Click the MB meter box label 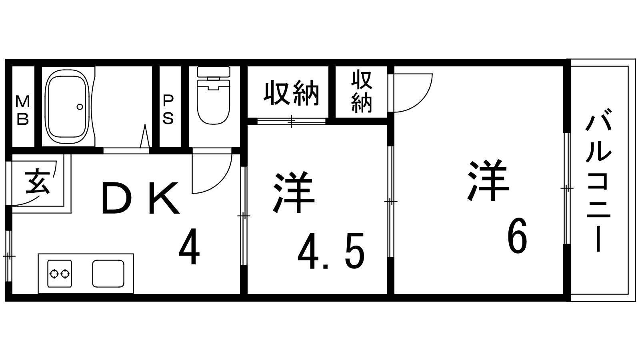pyautogui.click(x=22, y=110)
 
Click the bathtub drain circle pyautogui.click(x=80, y=107)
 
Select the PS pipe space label pyautogui.click(x=168, y=110)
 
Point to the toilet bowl pyautogui.click(x=214, y=102)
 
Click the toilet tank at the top pyautogui.click(x=214, y=72)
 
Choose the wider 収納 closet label pyautogui.click(x=291, y=93)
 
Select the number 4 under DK pyautogui.click(x=189, y=246)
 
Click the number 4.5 pyautogui.click(x=331, y=250)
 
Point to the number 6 pyautogui.click(x=517, y=236)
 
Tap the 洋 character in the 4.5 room pyautogui.click(x=294, y=192)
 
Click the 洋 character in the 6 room pyautogui.click(x=488, y=180)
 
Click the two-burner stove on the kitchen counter pyautogui.click(x=60, y=274)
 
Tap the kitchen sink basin pyautogui.click(x=108, y=274)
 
